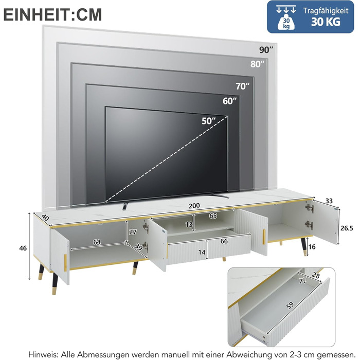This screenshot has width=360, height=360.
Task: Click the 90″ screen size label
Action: (x=266, y=50)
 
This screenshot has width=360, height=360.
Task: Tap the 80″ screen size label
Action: (x=257, y=64)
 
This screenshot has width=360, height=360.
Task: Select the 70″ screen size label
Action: (x=242, y=86)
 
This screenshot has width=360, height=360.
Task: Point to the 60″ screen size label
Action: (x=229, y=101)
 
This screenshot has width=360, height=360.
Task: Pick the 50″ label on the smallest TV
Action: (x=209, y=121)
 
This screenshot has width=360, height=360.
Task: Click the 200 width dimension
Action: (x=194, y=206)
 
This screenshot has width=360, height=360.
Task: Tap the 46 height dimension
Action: (x=23, y=248)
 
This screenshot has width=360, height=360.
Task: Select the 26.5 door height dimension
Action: (x=347, y=228)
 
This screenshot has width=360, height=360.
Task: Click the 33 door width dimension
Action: (x=329, y=201)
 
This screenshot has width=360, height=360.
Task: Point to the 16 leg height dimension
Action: (x=312, y=247)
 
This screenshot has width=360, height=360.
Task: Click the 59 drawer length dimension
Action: (x=290, y=305)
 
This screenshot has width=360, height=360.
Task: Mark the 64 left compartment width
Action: (x=97, y=242)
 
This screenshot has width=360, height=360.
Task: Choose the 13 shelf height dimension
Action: (x=189, y=224)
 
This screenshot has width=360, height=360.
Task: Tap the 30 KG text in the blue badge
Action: (x=326, y=22)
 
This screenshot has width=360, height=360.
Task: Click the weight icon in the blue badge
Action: (x=286, y=18)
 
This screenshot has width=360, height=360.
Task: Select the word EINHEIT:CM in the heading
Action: (x=52, y=15)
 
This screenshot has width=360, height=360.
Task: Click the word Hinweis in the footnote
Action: (x=43, y=354)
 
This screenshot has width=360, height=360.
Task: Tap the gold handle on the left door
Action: (x=65, y=263)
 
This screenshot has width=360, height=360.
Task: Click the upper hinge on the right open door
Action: (x=309, y=208)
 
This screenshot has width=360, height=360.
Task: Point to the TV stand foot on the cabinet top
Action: (x=124, y=206)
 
